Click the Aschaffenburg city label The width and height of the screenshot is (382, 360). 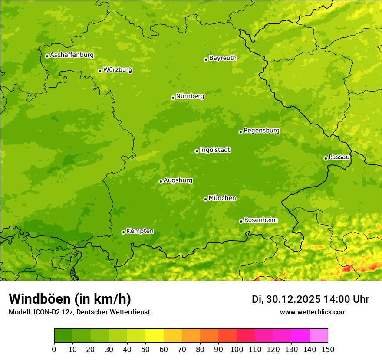tap(72, 55)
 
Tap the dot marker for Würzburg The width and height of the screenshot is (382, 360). tap(100, 71)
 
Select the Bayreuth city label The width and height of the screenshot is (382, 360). tap(223, 58)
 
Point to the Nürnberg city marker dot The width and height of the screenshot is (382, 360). tap(173, 98)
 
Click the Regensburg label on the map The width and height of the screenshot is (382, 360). tap(261, 131)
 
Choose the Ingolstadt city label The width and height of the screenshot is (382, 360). tap(215, 150)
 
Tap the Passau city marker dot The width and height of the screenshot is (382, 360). tap(326, 158)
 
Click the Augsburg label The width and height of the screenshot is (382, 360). tap(178, 180)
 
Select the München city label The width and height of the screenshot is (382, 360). tap(222, 198)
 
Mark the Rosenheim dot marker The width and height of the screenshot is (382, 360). tap(241, 221)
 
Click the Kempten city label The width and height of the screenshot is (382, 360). tap(140, 231)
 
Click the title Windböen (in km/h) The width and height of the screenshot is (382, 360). tap(70, 299)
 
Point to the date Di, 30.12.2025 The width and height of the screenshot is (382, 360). tap(286, 299)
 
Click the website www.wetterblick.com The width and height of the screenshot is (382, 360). tap(313, 312)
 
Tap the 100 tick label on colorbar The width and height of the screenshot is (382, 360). tap(237, 349)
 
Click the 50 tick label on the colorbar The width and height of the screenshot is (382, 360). tap(145, 349)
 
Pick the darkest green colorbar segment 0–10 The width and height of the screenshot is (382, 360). tap(63, 336)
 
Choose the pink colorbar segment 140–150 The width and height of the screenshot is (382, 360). tap(319, 336)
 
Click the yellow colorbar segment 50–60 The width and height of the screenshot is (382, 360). tap(155, 336)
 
